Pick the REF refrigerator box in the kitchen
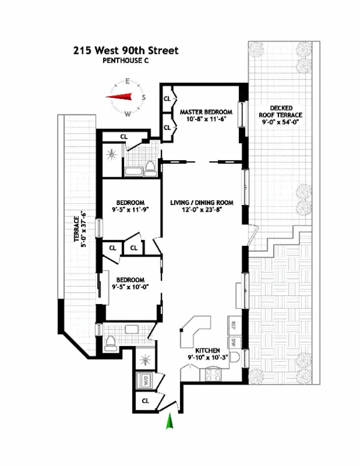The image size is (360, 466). pyautogui.click(x=234, y=326)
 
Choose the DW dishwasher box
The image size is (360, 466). pyautogui.click(x=234, y=344)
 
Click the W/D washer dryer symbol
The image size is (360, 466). pyautogui.click(x=145, y=380)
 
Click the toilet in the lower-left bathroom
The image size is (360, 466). pyautogui.click(x=110, y=343)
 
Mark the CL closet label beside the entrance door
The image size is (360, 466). pyautogui.click(x=145, y=401)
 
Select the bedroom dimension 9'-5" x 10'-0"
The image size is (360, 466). pyautogui.click(x=130, y=287)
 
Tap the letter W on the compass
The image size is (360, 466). pyautogui.click(x=127, y=113)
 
